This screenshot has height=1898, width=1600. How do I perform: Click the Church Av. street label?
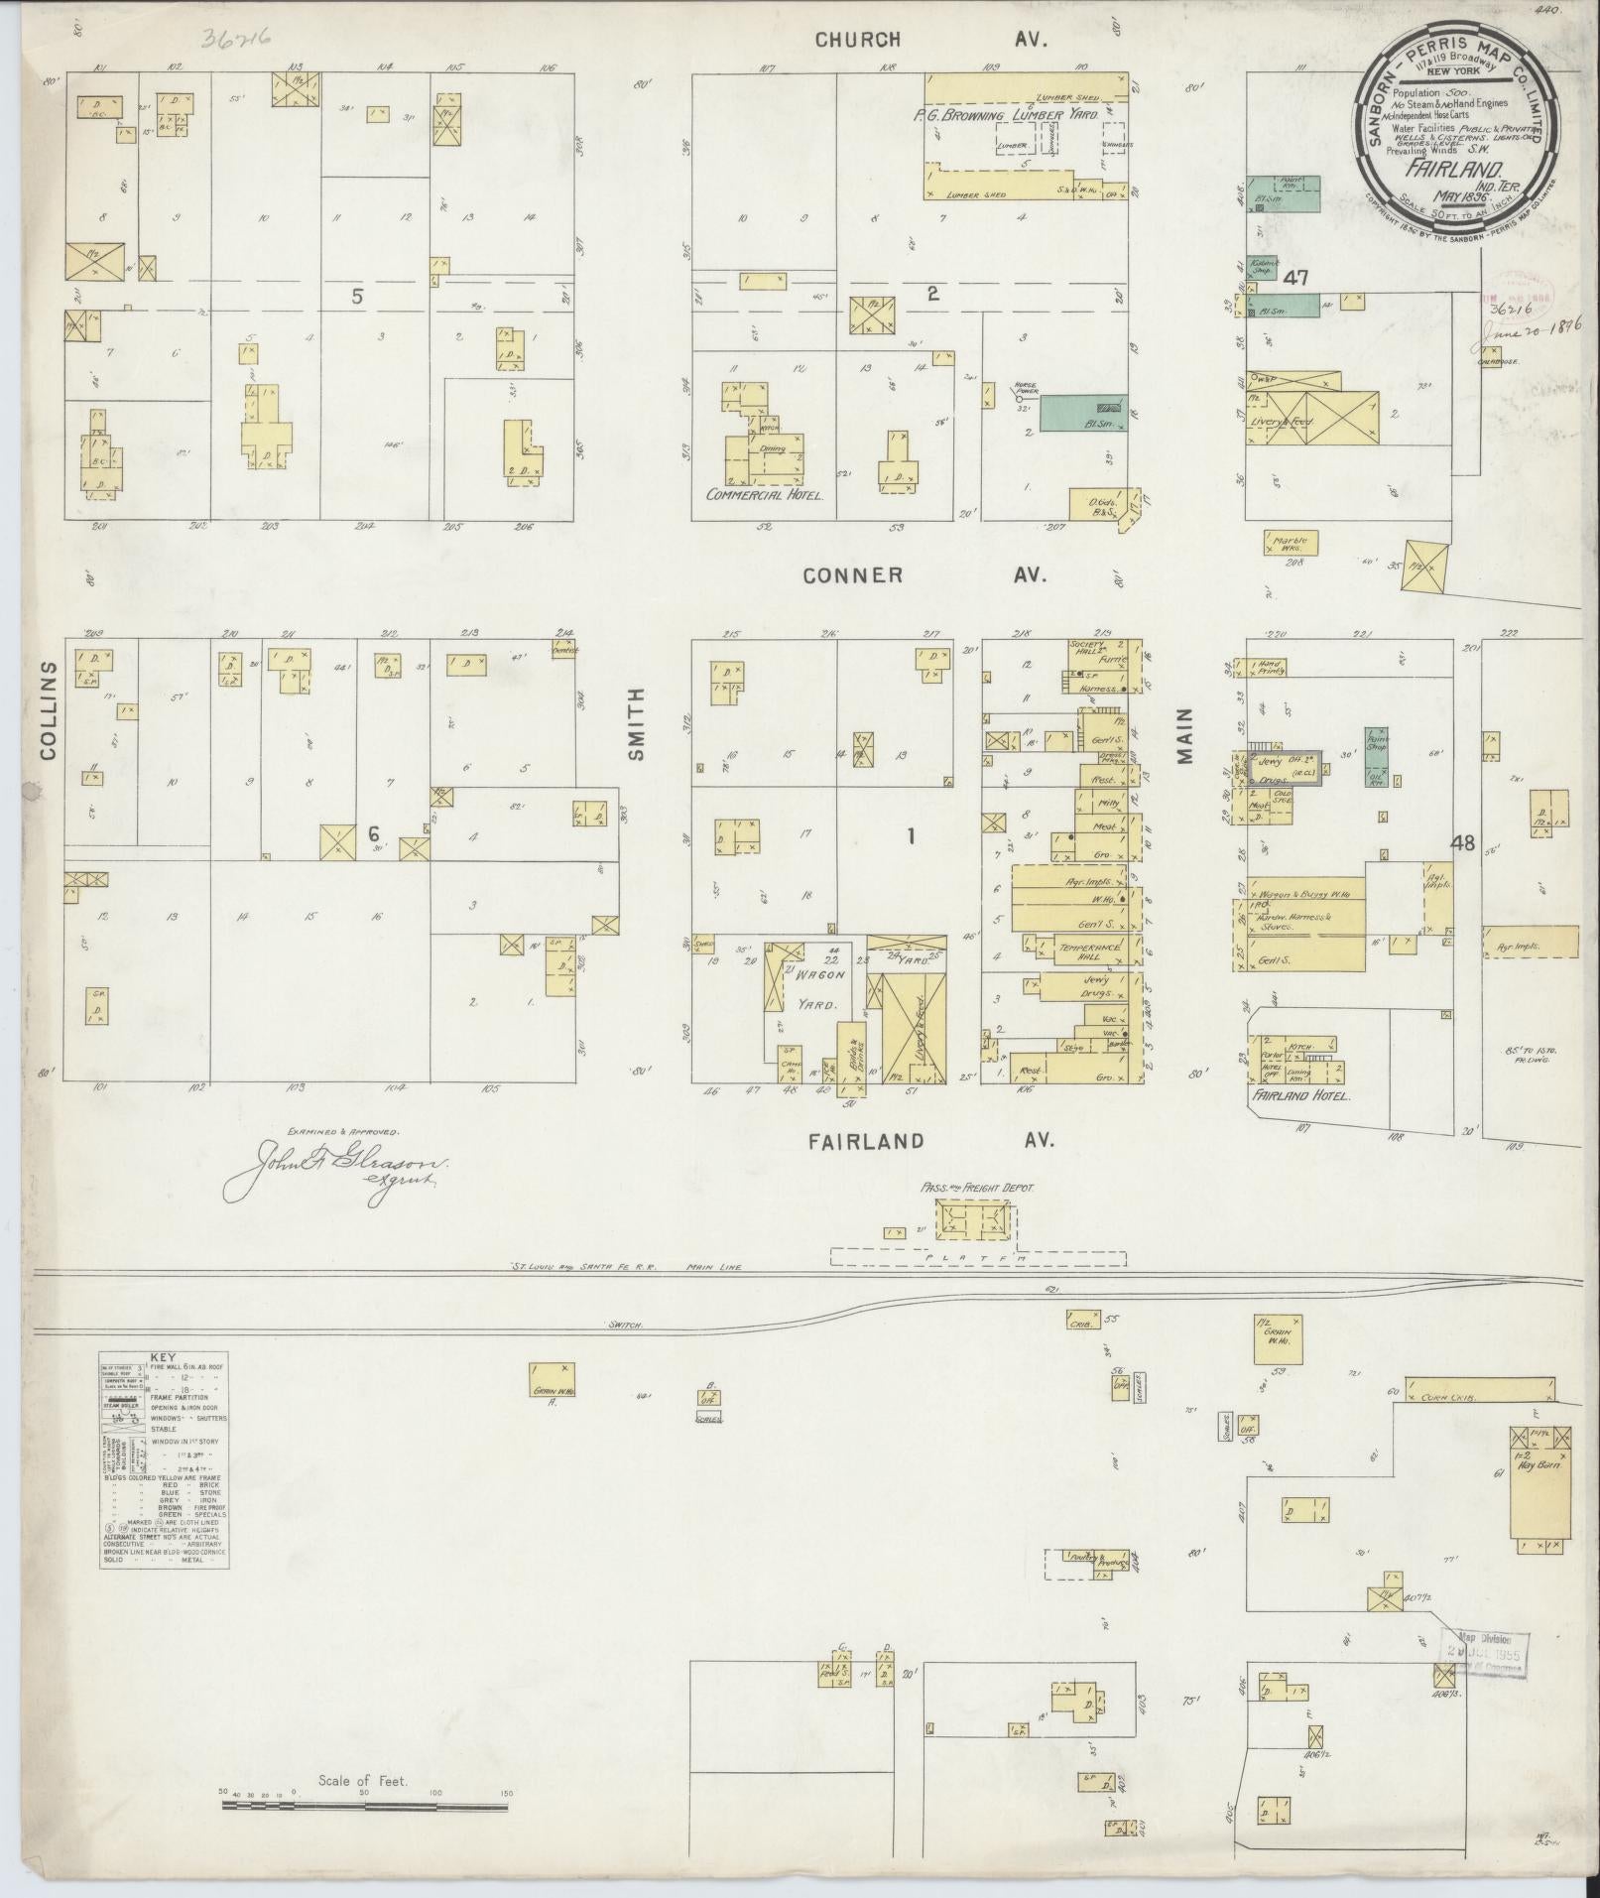point(931,40)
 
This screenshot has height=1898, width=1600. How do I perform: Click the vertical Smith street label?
point(635,725)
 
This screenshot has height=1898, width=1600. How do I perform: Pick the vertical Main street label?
point(1185,735)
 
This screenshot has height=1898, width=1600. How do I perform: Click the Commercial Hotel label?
point(764,493)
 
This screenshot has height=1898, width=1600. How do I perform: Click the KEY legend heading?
point(164,1356)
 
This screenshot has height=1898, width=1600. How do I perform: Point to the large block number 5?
point(357,296)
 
